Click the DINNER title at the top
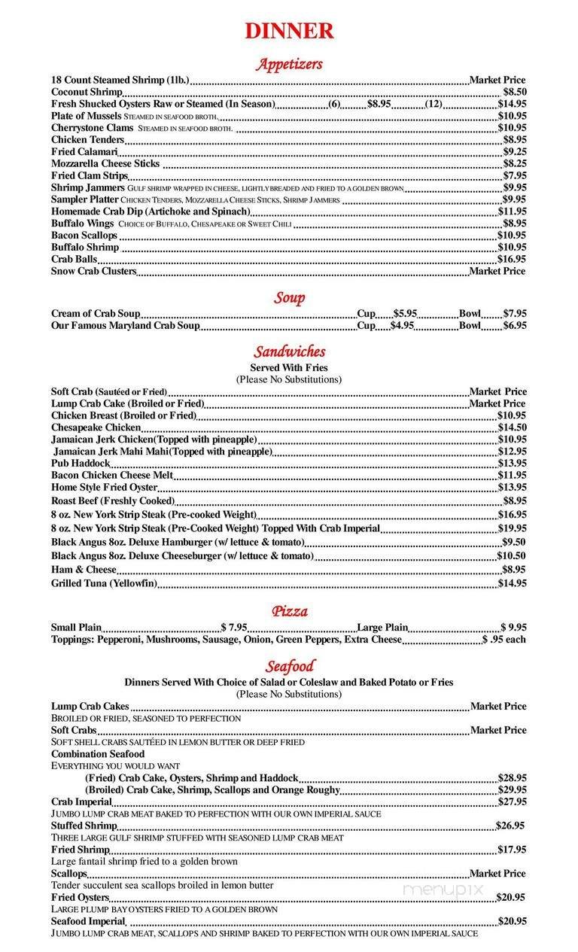pyautogui.click(x=289, y=31)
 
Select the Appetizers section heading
pyautogui.click(x=289, y=64)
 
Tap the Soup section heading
pyautogui.click(x=289, y=298)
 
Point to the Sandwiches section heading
pyautogui.click(x=289, y=351)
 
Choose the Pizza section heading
pyautogui.click(x=289, y=611)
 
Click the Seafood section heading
pyautogui.click(x=289, y=666)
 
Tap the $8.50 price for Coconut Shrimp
pyautogui.click(x=514, y=92)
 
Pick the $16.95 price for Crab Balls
pyautogui.click(x=512, y=259)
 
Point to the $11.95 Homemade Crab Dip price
pyautogui.click(x=512, y=211)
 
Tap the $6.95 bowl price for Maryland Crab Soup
pyautogui.click(x=514, y=326)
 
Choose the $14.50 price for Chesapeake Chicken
pyautogui.click(x=512, y=427)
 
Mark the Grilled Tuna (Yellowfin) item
pyautogui.click(x=104, y=583)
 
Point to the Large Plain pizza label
pyautogui.click(x=382, y=627)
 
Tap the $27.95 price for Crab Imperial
pyautogui.click(x=512, y=801)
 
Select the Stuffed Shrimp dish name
pyautogui.click(x=84, y=826)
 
